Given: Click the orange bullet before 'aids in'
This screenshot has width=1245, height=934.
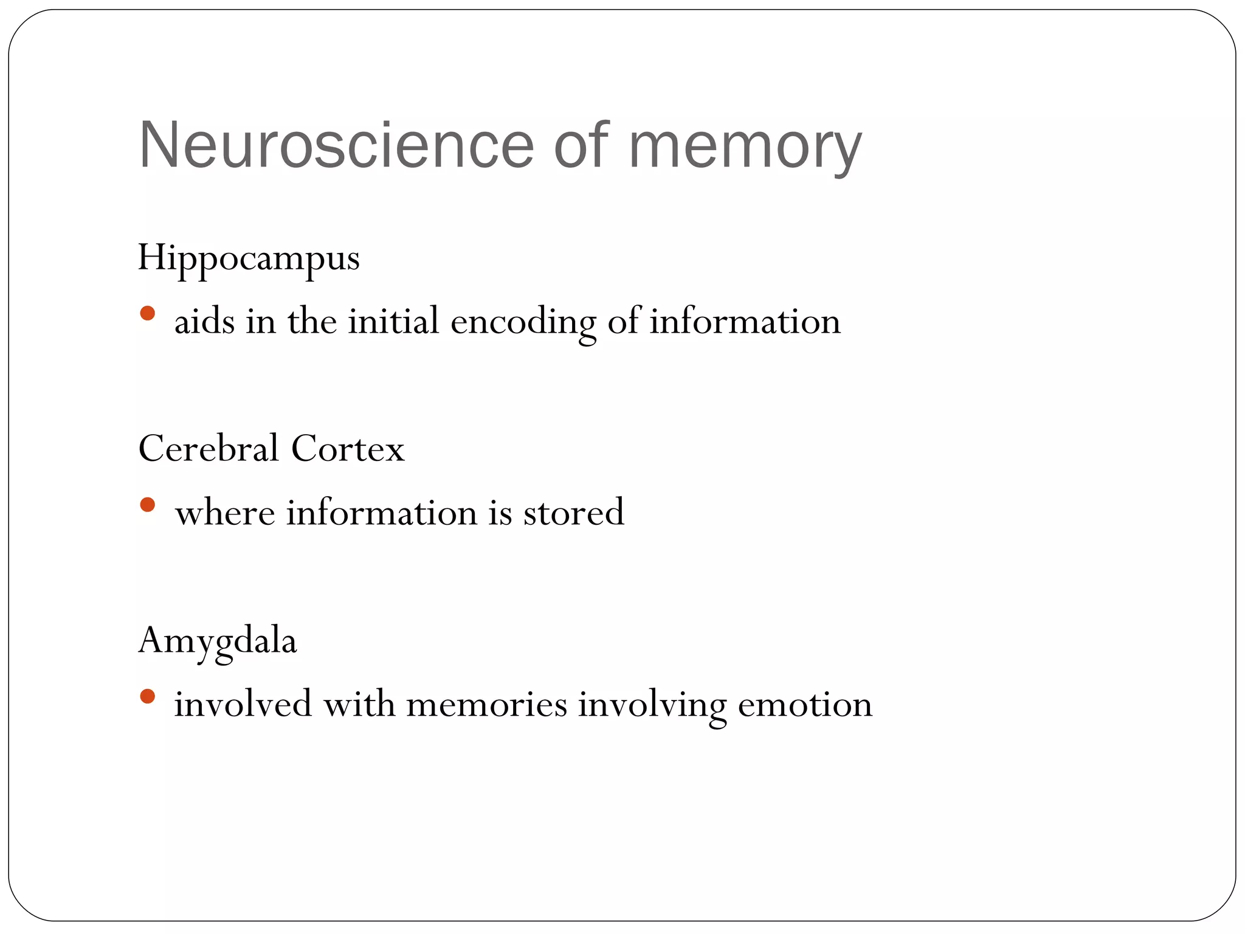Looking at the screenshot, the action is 147,313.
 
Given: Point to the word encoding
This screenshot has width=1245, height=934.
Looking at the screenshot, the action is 523,323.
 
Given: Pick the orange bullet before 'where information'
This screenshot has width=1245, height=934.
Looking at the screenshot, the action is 147,505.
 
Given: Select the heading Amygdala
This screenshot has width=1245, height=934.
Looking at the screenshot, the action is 217,642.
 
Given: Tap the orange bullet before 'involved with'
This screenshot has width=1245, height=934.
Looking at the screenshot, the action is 147,696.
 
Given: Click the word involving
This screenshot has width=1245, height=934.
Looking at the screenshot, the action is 652,705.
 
